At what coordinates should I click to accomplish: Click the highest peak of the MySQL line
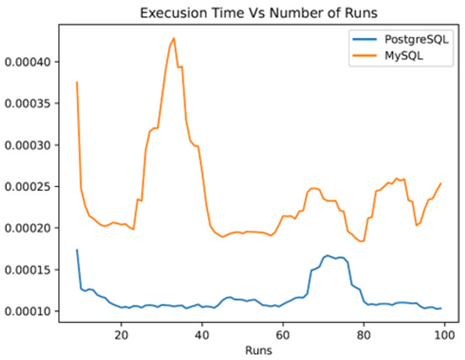pos(174,38)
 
